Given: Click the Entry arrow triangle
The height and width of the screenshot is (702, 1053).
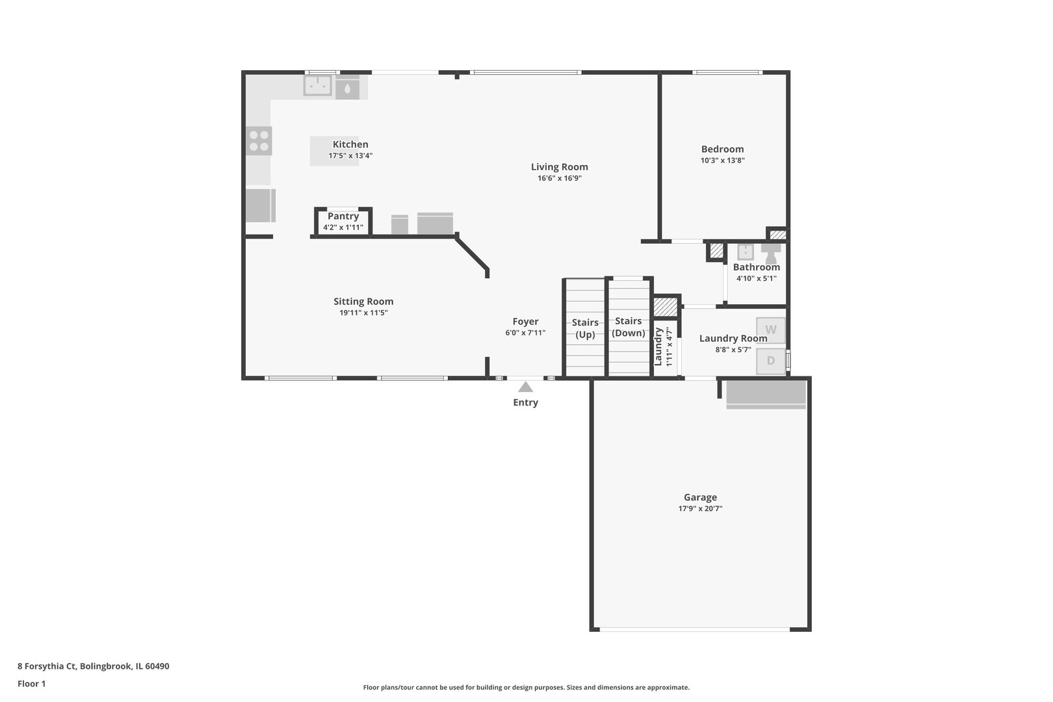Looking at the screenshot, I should pos(525,387).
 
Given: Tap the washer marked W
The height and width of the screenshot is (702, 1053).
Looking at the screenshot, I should pos(771,330).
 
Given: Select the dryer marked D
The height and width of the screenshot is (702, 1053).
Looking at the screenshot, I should pos(771,361).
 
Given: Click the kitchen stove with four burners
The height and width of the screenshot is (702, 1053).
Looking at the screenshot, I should pos(259,141).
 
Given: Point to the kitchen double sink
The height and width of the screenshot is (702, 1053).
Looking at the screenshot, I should pos(318,85).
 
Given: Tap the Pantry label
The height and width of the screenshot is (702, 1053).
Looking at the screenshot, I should pos(343,216).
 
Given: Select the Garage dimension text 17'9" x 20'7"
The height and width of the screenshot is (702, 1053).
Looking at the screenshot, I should pos(700,509).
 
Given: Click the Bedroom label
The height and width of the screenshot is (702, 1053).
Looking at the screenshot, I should pos(722,149).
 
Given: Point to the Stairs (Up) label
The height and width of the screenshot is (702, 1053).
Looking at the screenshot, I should pos(585,328).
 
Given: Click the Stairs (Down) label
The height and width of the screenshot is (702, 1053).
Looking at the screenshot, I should pos(629,327).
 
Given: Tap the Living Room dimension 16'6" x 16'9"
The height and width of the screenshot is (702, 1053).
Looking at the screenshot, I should pos(559,178).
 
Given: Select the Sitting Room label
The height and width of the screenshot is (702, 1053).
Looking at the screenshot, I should pos(363,301).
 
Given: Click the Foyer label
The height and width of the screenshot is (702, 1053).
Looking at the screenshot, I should pos(525,321).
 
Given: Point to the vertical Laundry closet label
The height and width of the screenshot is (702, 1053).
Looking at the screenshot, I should pos(658,346).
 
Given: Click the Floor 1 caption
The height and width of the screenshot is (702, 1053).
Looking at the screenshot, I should pos(31,684).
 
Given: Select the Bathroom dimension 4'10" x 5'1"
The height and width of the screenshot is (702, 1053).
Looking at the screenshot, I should pos(756,278).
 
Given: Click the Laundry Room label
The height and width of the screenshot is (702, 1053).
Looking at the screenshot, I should pos(733,338).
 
